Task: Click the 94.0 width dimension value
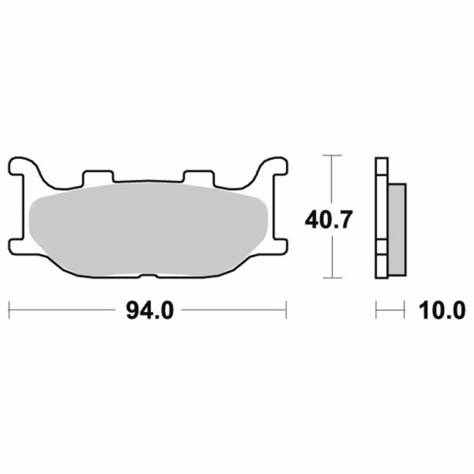click(150, 310)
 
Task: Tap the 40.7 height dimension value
click(329, 220)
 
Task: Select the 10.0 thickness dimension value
click(442, 310)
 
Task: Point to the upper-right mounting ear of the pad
click(275, 167)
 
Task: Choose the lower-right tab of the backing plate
click(280, 246)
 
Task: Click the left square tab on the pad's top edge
click(98, 177)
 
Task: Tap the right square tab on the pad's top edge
click(199, 178)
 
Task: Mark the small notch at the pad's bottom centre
click(148, 276)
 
